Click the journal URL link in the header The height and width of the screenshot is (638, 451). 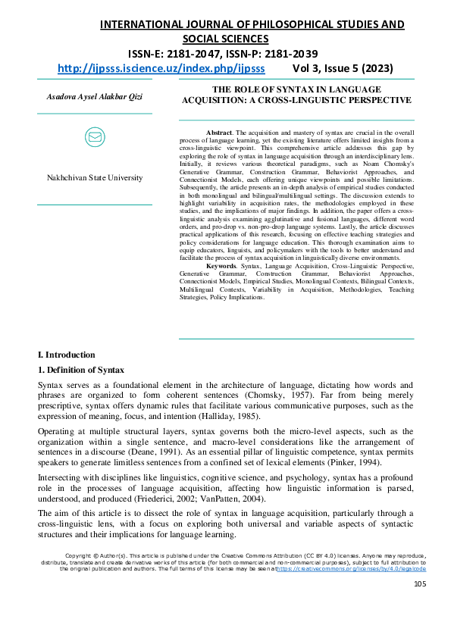pos(161,67)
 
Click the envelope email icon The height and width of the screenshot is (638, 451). pos(95,137)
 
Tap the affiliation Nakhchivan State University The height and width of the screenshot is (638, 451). pos(95,177)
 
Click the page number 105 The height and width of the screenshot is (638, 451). pos(419,583)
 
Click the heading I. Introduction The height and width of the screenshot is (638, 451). pos(67,355)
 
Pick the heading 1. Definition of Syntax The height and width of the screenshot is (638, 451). pos(81,370)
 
